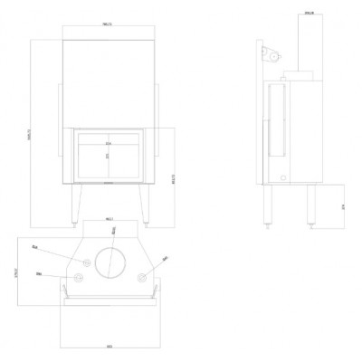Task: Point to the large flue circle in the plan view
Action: [x=110, y=264]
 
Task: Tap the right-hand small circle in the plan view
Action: [x=140, y=277]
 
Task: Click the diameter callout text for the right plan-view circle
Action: [x=164, y=259]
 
